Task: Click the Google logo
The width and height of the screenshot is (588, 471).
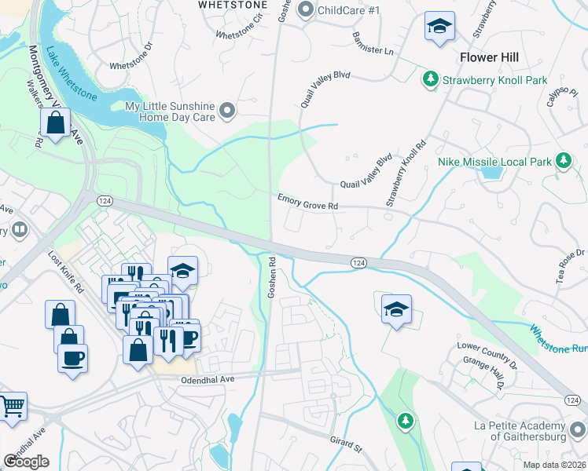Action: tap(27, 462)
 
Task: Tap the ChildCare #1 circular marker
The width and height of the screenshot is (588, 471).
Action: tap(307, 10)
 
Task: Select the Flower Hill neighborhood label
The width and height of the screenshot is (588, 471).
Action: tap(490, 57)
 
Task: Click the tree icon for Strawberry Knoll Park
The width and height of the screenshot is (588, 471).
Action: tap(430, 78)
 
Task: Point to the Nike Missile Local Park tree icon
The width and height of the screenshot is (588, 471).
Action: tap(563, 161)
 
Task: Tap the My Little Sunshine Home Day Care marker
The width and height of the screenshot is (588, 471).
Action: tap(228, 111)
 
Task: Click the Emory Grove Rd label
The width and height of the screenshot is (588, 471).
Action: tap(307, 202)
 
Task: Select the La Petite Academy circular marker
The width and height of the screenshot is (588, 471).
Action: tap(577, 430)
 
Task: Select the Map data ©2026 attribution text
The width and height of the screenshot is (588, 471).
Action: tap(555, 465)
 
